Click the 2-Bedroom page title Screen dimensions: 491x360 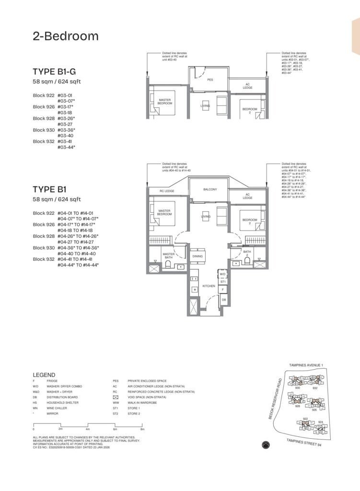pos(66,36)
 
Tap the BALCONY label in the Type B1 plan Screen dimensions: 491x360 pos(210,189)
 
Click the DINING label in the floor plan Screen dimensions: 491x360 pos(197,257)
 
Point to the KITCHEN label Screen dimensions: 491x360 pos(209,286)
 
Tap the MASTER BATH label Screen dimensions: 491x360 pos(168,257)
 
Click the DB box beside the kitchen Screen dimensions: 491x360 pos(223,300)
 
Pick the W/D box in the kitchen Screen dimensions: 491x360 pos(223,274)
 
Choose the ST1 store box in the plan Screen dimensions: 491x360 pos(223,282)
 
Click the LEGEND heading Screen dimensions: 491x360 pos(44,374)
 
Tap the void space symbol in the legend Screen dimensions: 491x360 pos(115,397)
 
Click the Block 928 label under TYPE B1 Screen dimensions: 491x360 pos(44,236)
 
